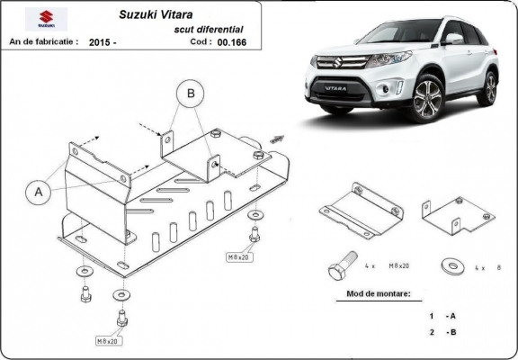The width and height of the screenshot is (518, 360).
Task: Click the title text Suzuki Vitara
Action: pos(155,15)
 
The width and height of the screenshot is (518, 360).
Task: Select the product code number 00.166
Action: pos(231,41)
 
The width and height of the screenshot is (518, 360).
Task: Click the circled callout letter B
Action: pos(191,93)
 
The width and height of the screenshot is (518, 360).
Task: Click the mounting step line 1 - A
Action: pos(442,316)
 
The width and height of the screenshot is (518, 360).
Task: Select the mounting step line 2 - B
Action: pos(442,333)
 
